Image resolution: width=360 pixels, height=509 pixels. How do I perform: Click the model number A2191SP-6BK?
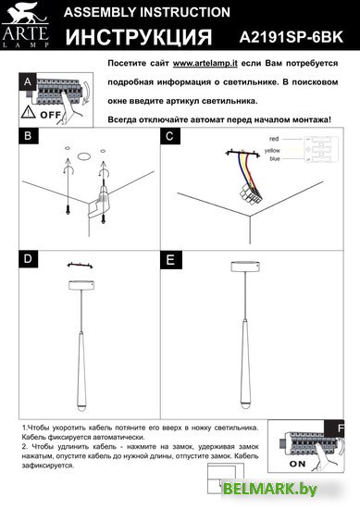click(x=292, y=37)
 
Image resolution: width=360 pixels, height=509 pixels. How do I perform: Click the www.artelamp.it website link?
click(x=205, y=63)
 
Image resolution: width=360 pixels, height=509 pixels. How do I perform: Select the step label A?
click(x=28, y=81)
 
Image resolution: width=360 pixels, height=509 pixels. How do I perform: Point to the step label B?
click(x=28, y=136)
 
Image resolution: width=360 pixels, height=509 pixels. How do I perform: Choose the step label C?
click(x=169, y=136)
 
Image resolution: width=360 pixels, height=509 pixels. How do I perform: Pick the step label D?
click(x=28, y=259)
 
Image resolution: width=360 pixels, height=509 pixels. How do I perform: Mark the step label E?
click(x=170, y=260)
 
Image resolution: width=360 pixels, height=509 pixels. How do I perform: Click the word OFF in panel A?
click(x=50, y=115)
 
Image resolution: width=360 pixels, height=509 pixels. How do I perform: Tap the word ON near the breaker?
click(x=298, y=464)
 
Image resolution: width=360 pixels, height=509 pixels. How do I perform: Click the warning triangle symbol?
click(x=29, y=112)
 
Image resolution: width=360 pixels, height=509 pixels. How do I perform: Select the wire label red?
click(x=274, y=139)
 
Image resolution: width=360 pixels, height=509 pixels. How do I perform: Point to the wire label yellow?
click(x=272, y=151)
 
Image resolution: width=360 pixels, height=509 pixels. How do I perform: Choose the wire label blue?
click(x=275, y=159)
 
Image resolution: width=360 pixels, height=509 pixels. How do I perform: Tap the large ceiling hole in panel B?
click(x=84, y=156)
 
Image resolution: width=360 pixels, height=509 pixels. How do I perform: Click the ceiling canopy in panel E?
click(x=245, y=267)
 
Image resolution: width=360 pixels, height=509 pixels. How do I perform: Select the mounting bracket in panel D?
click(x=80, y=266)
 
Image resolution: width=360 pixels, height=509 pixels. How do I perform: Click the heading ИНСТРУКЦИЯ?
click(x=139, y=37)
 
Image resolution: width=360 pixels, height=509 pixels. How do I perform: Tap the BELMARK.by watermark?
click(x=269, y=489)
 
